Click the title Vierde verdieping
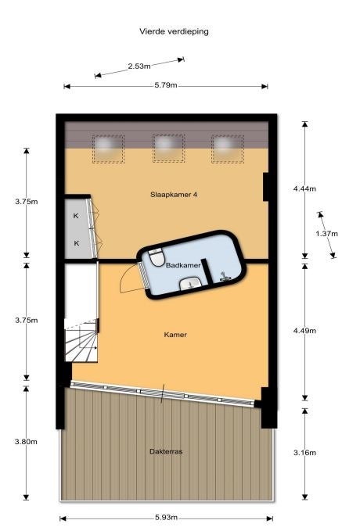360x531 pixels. (174, 32)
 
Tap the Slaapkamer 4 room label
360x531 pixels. (174, 195)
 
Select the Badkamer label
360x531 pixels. (183, 266)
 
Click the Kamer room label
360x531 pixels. (175, 335)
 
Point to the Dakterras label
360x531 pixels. (166, 451)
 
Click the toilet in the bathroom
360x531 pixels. (157, 257)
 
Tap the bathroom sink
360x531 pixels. (190, 284)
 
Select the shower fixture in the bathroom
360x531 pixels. (225, 277)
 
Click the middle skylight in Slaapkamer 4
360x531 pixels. (168, 149)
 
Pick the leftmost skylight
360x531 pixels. (108, 149)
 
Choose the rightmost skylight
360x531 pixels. (228, 149)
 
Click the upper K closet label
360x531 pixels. (76, 216)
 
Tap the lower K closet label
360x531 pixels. (76, 242)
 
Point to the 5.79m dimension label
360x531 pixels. (166, 85)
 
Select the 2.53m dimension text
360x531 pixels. (139, 66)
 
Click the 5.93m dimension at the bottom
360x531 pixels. (166, 518)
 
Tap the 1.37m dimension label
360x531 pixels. (327, 234)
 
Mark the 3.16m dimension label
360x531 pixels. (304, 453)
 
